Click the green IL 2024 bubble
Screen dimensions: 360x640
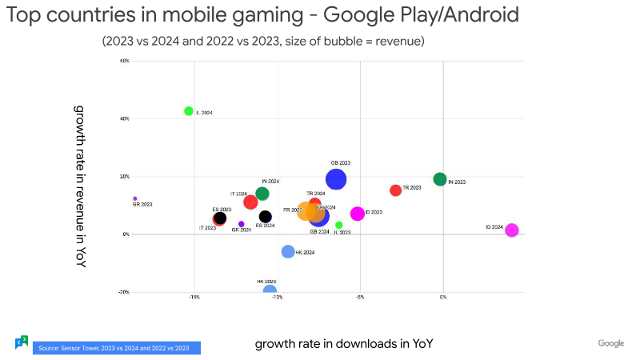point(189,111)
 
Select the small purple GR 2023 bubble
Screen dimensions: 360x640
point(135,198)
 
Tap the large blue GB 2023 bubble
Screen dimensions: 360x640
point(336,179)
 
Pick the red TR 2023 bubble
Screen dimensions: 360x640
point(395,190)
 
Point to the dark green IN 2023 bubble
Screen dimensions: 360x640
point(439,179)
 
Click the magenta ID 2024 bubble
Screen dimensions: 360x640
point(512,230)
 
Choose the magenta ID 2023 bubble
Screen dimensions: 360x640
point(358,214)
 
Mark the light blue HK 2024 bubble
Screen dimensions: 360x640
point(288,251)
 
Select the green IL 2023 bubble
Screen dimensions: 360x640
point(339,226)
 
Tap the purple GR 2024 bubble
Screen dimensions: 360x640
point(242,224)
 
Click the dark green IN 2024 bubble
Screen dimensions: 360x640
point(262,194)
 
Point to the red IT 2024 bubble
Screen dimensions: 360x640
point(250,202)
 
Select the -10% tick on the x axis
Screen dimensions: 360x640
point(277,297)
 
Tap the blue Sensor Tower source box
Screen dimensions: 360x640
point(116,348)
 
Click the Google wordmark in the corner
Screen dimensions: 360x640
point(611,343)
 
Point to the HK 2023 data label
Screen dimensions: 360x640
point(266,282)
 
